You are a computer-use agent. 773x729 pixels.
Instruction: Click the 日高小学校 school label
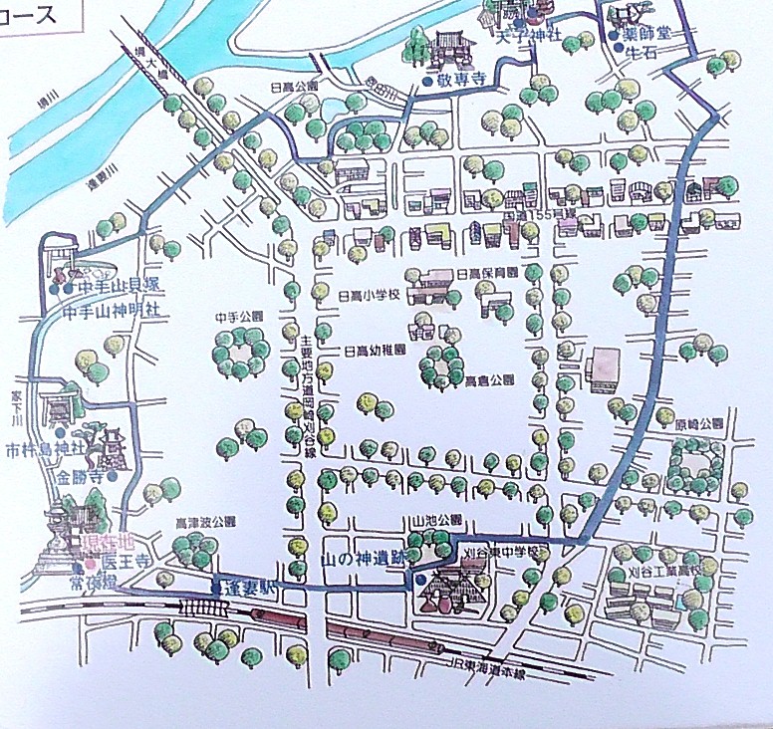370,296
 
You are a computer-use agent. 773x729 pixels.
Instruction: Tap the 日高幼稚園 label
375,351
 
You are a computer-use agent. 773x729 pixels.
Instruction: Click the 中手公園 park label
239,317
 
